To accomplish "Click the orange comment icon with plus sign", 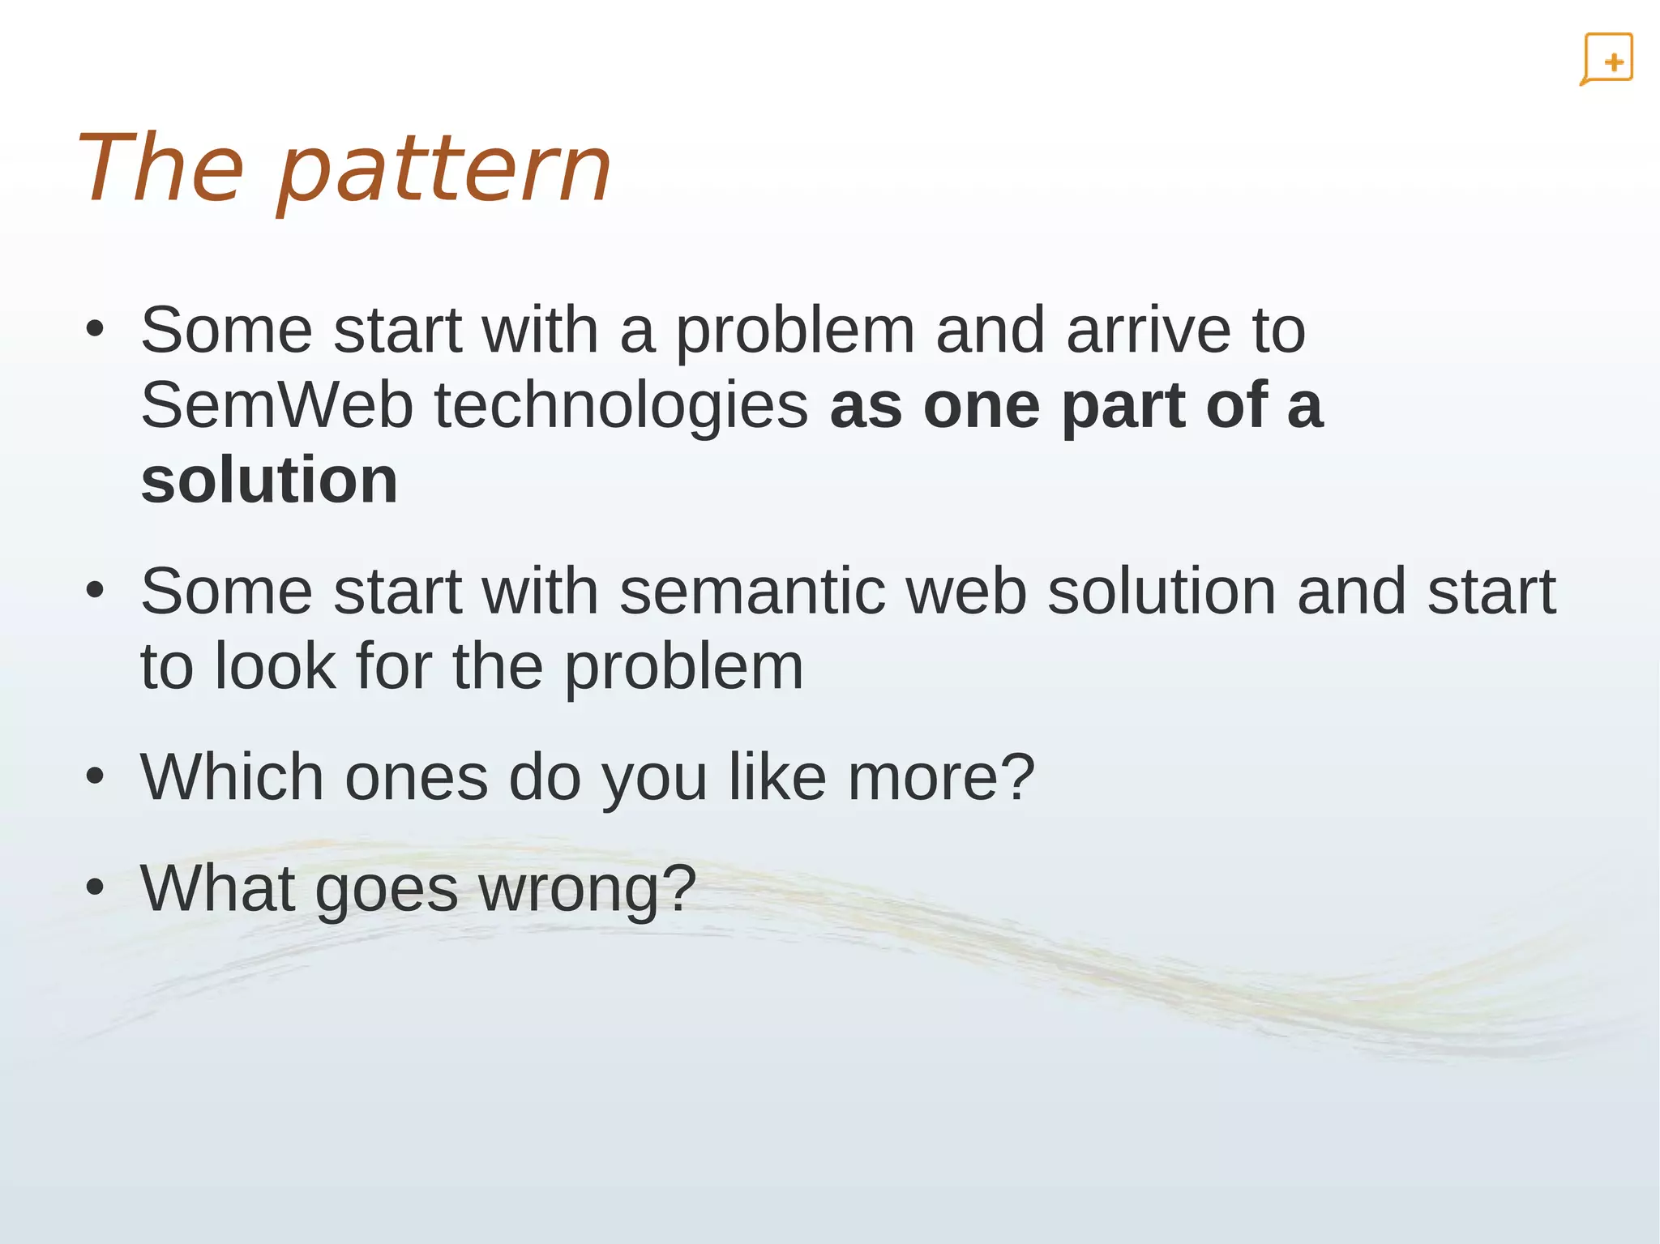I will pyautogui.click(x=1607, y=59).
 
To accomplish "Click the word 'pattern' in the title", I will pyautogui.click(x=444, y=170).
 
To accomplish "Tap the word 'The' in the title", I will pyautogui.click(x=160, y=169).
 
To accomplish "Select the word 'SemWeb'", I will pyautogui.click(x=276, y=405).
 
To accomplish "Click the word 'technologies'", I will pyautogui.click(x=621, y=407).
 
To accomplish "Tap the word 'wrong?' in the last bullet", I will pyautogui.click(x=588, y=889).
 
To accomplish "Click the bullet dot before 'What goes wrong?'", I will pyautogui.click(x=95, y=887).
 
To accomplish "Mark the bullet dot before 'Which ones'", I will pyautogui.click(x=95, y=776).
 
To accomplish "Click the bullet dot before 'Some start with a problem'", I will pyautogui.click(x=95, y=330).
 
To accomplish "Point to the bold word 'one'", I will pyautogui.click(x=981, y=407).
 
